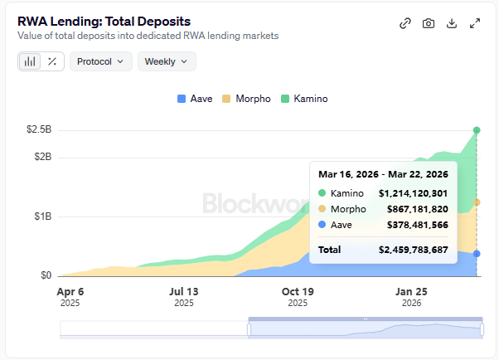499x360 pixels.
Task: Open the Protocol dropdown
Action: tap(100, 61)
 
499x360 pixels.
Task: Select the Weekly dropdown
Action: tap(166, 61)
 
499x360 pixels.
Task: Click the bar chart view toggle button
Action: tap(30, 61)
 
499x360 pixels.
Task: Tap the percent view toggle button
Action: tap(52, 61)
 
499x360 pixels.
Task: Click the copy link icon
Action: tap(405, 23)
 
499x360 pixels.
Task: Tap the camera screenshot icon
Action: tap(429, 23)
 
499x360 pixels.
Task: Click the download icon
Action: tap(452, 23)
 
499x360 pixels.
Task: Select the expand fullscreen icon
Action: tap(475, 23)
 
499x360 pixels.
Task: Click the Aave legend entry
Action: tap(195, 99)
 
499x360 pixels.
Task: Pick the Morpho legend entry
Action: tap(246, 99)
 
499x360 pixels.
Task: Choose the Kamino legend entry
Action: tap(304, 99)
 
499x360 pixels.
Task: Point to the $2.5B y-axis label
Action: tap(38, 130)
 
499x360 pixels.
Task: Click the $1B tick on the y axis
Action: tap(41, 216)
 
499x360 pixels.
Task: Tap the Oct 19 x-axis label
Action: tap(298, 292)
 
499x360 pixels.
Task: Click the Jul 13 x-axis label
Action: tap(183, 292)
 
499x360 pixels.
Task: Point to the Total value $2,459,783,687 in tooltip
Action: tap(413, 249)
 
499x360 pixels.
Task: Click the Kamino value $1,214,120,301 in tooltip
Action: tap(413, 193)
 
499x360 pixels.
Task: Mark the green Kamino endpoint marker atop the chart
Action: tap(477, 130)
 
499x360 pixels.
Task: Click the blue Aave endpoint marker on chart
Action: tap(477, 254)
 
